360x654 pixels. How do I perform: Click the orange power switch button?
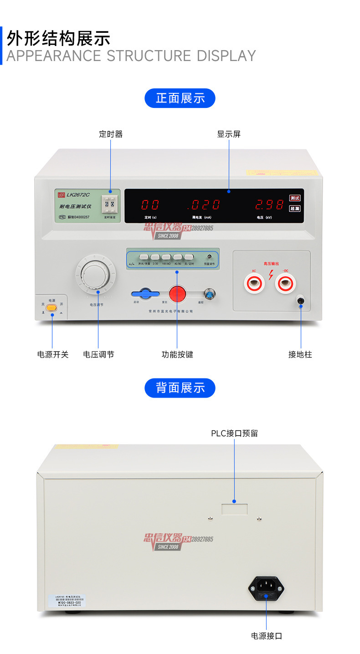pos(51,308)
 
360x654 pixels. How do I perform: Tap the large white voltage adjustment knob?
pos(96,276)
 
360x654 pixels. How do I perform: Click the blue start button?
pos(145,293)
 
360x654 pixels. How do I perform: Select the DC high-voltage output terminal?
pos(285,284)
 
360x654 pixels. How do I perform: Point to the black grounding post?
pos(301,300)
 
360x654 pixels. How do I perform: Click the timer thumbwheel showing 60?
pos(109,204)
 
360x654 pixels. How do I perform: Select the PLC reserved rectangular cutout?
pos(235,509)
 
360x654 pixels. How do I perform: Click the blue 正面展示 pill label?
pos(180,98)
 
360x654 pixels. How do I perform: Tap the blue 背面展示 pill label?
pos(180,388)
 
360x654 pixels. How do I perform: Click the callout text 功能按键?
pos(177,354)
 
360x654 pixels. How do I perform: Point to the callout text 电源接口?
pos(267,636)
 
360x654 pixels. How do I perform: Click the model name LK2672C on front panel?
pos(78,195)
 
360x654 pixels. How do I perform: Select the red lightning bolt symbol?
pos(271,275)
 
